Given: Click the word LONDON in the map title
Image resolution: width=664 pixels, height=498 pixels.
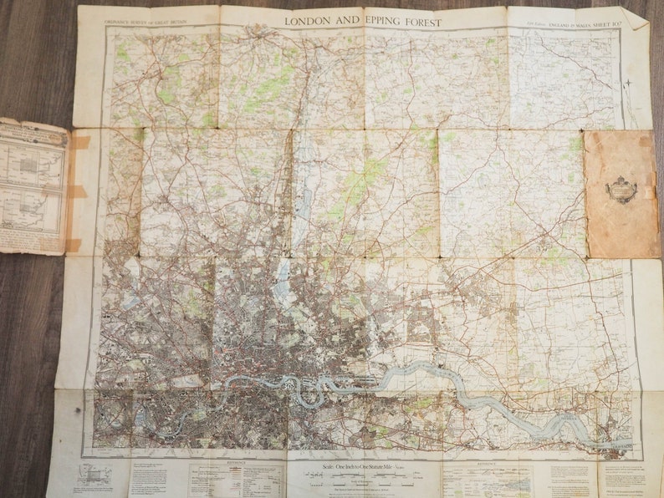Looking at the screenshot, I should (306, 22).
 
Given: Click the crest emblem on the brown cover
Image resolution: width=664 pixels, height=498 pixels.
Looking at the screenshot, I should (621, 190).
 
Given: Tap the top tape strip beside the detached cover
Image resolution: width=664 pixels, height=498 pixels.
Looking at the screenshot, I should (80, 142).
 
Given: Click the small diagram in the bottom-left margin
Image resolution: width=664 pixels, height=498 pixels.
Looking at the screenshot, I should (94, 474).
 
